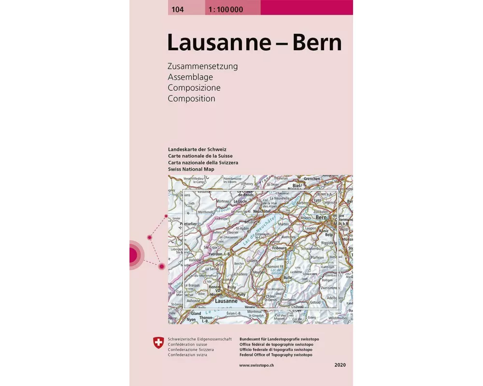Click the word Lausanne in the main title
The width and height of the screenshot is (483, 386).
click(219, 42)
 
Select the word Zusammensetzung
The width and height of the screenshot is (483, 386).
click(203, 67)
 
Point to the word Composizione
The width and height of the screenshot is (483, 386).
click(194, 88)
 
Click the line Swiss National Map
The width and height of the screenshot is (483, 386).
click(192, 170)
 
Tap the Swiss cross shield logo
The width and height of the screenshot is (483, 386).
click(158, 344)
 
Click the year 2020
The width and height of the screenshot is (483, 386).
click(340, 365)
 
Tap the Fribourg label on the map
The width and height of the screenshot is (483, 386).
click(280, 248)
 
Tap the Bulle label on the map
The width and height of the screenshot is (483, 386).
click(288, 278)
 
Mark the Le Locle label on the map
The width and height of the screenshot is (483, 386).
click(240, 201)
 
